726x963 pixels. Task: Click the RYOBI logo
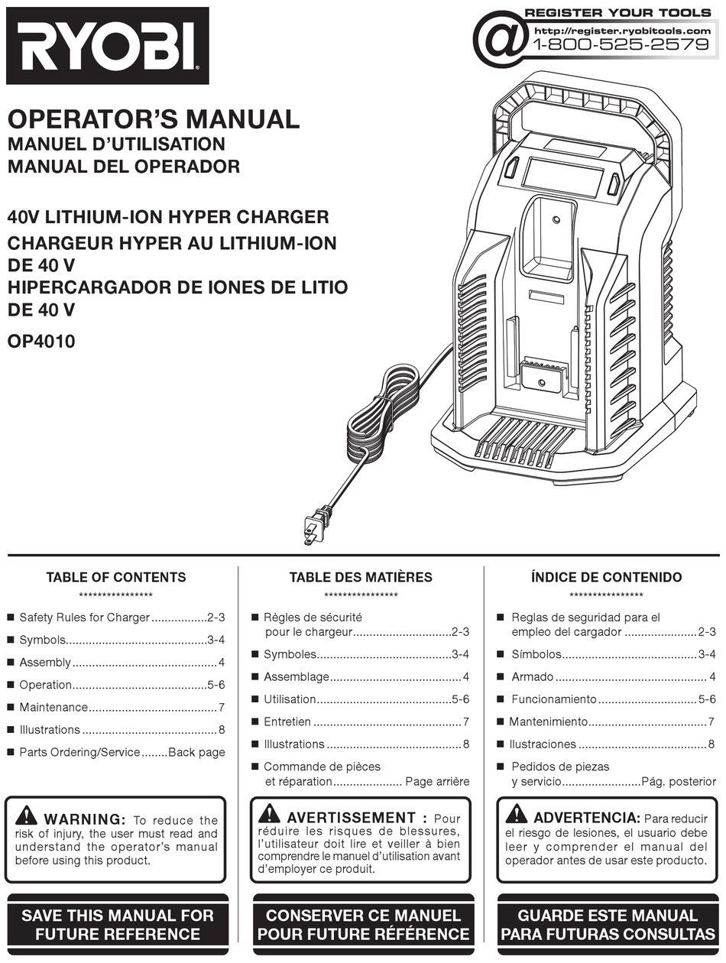[x=108, y=45]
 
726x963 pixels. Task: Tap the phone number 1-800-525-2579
[x=620, y=44]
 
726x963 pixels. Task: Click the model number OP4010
[x=41, y=341]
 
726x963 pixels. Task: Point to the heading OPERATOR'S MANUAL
[x=153, y=119]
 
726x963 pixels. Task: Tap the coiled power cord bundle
[x=382, y=413]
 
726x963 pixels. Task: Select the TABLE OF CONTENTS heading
[x=115, y=577]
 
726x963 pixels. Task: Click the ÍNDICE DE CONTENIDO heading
[x=606, y=577]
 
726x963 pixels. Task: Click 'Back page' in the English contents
[x=196, y=752]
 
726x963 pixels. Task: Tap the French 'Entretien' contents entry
[x=287, y=721]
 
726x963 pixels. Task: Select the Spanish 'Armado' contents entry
[x=532, y=677]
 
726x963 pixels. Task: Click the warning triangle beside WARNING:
[x=25, y=815]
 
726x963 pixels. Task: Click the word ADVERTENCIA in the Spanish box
[x=586, y=818]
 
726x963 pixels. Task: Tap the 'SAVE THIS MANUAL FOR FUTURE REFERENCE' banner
[x=118, y=924]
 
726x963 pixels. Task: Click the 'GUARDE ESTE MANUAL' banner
[x=608, y=924]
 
